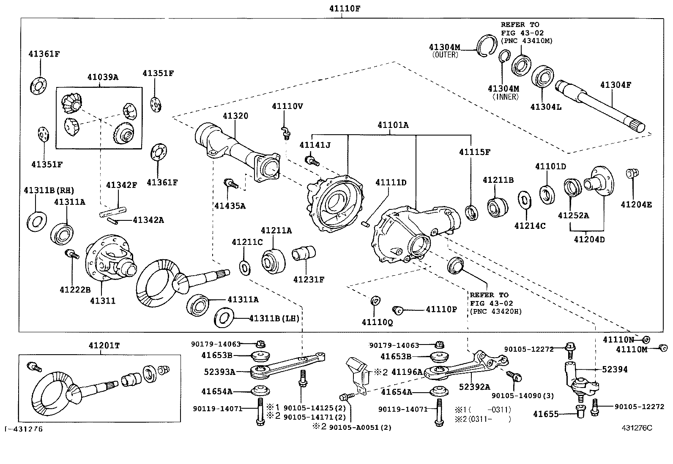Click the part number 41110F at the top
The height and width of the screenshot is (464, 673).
coord(345,8)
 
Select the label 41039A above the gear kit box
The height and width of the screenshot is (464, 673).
coord(103,77)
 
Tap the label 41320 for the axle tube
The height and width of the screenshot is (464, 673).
coord(236,116)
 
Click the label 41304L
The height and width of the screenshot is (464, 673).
coord(546,107)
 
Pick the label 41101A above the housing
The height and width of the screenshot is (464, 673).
coord(393,125)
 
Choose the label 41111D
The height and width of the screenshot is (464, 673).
coord(391,182)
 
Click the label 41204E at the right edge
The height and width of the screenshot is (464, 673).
coord(636,205)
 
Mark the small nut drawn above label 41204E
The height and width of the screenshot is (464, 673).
coord(632,173)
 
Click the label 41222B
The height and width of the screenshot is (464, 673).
coord(75,290)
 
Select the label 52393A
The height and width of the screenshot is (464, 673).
coord(219,372)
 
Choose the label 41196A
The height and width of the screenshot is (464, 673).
coord(407,372)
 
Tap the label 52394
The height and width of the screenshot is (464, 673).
coord(615,369)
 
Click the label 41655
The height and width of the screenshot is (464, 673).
coord(546,414)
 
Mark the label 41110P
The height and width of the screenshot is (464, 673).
coord(441,309)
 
